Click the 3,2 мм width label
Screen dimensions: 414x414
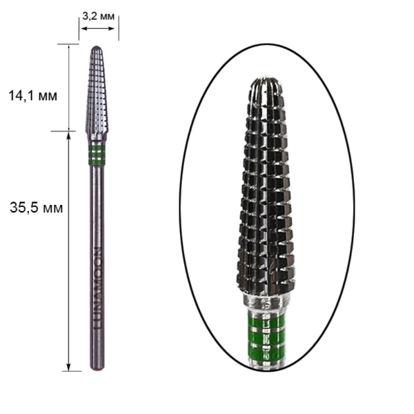click(98, 17)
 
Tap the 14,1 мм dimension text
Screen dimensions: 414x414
click(32, 96)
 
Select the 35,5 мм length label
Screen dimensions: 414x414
click(36, 208)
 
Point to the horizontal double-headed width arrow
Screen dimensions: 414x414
click(98, 28)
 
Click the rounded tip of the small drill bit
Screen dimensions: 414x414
click(97, 47)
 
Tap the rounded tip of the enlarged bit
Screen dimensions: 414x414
click(266, 80)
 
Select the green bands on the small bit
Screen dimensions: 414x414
click(97, 154)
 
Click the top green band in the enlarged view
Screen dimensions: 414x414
click(266, 321)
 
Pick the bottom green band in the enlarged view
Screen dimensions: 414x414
click(266, 353)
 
